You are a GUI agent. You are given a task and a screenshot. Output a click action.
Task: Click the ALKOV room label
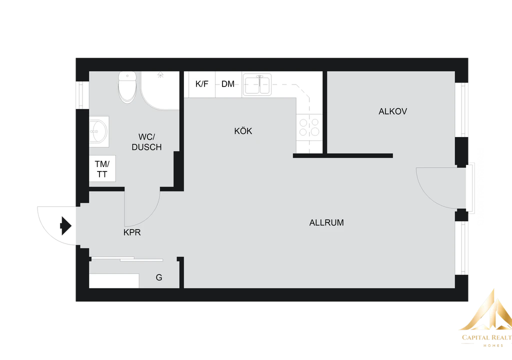[x=392, y=111]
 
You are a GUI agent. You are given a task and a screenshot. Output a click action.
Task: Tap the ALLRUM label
[x=326, y=223]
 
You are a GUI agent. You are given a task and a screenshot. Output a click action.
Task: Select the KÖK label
[x=243, y=131]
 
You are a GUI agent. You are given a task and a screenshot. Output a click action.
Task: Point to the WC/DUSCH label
[x=146, y=142]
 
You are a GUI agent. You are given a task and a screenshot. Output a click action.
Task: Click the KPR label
[x=132, y=232]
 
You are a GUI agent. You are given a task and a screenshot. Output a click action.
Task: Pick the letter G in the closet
[x=159, y=277]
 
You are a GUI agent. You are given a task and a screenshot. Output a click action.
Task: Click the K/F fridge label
[x=202, y=84]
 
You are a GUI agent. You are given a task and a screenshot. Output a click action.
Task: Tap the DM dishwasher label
[x=228, y=84]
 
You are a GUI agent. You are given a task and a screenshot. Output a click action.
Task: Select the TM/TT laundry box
[x=102, y=168]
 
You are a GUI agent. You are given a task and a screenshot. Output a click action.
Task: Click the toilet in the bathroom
[x=127, y=86]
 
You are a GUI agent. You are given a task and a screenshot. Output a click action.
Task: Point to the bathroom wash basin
[x=98, y=131]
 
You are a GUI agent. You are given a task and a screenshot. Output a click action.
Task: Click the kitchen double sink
[x=257, y=84]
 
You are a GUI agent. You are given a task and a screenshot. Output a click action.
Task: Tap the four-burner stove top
[x=309, y=127]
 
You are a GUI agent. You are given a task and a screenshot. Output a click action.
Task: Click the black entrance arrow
[x=65, y=226]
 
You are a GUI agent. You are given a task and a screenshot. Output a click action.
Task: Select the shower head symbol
[x=160, y=75]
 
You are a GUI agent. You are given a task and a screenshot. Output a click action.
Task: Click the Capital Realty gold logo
[x=487, y=318]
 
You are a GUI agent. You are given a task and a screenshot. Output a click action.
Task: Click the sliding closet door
[x=127, y=259]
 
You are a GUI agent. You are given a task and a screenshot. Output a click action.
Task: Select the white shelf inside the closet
[x=114, y=281]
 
